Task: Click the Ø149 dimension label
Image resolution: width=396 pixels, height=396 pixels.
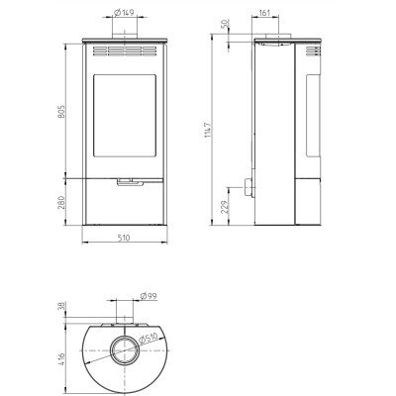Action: click(124, 13)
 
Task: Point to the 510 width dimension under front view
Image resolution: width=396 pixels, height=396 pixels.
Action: click(124, 238)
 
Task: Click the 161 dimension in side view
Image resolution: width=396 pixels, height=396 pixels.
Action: click(264, 13)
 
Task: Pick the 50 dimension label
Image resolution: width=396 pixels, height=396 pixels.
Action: click(226, 24)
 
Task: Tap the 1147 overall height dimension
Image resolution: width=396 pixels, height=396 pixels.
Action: click(208, 130)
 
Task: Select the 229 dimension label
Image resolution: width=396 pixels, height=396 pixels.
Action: click(225, 207)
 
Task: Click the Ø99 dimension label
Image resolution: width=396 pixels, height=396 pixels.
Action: click(148, 296)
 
